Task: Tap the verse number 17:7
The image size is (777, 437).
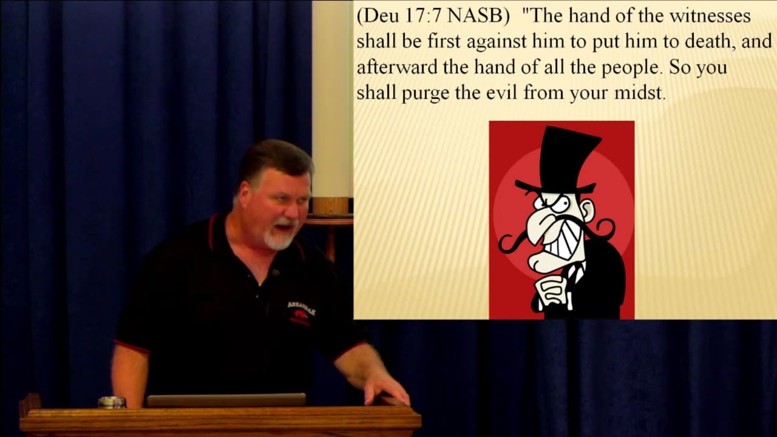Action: click(x=419, y=16)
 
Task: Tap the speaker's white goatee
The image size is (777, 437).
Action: click(x=279, y=241)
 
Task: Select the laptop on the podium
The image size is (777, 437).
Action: click(x=226, y=400)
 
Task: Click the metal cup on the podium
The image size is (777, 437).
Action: click(x=112, y=402)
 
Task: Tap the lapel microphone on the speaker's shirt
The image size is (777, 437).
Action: click(x=274, y=274)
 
